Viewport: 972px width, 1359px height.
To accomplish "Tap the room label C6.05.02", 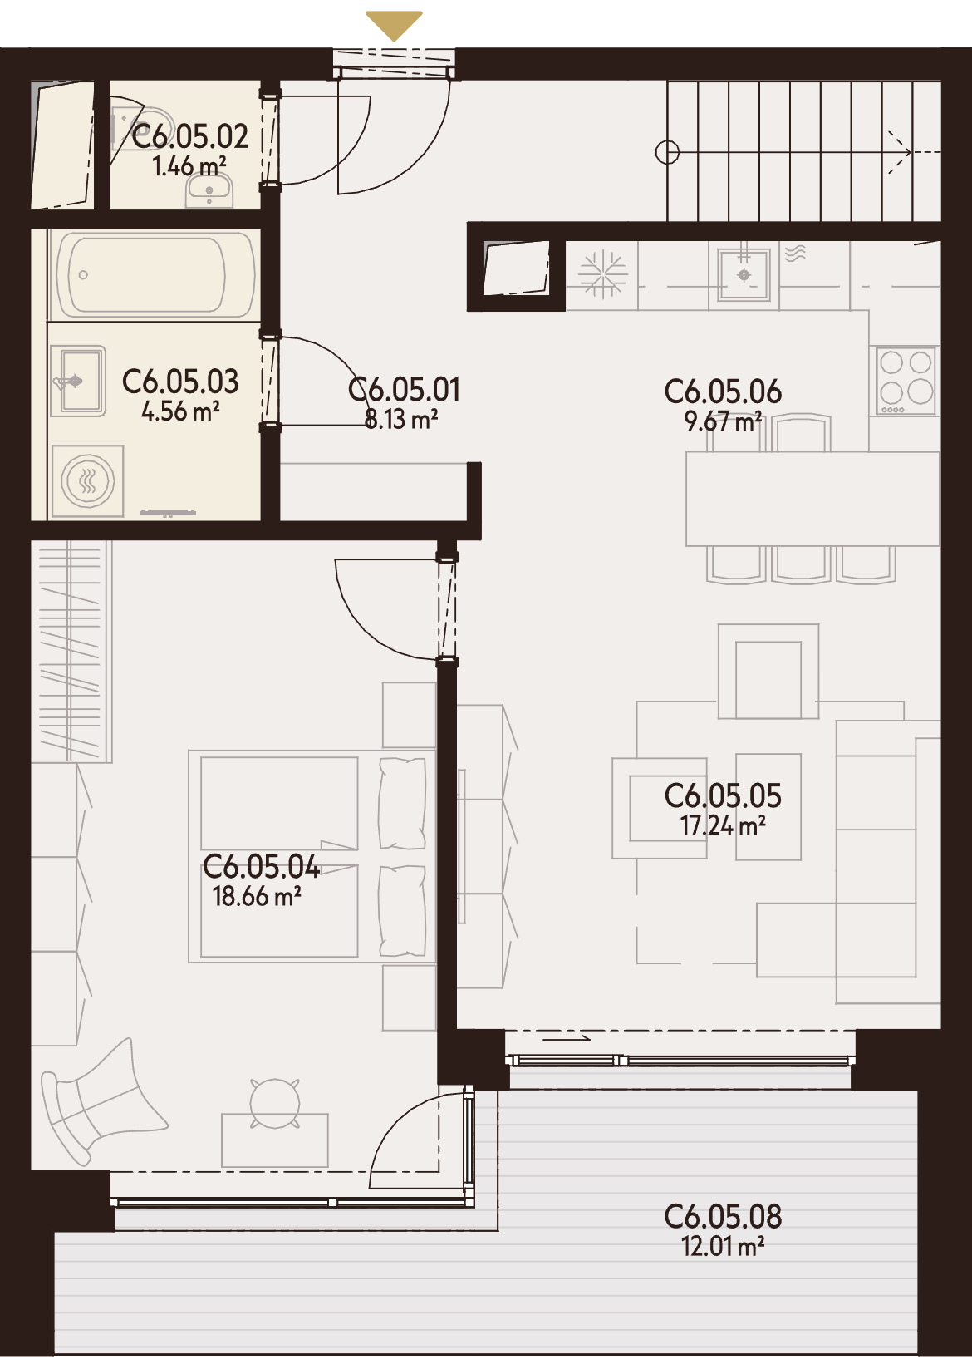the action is [189, 136].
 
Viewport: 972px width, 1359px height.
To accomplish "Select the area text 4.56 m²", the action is [180, 412].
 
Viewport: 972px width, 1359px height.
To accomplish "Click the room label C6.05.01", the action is [404, 390].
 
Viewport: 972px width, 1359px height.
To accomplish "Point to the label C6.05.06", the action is [723, 392].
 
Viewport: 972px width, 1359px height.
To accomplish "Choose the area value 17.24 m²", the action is [723, 825].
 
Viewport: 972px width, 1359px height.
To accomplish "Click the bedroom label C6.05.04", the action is [262, 867].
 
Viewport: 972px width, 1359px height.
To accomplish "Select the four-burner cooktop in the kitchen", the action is [906, 381].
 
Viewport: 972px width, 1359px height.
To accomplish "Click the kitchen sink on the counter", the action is [744, 275].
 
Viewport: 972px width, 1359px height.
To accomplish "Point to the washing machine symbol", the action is [88, 482].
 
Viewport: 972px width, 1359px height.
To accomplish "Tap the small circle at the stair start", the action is [668, 151].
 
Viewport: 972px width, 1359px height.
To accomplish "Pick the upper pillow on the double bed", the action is [401, 802].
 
